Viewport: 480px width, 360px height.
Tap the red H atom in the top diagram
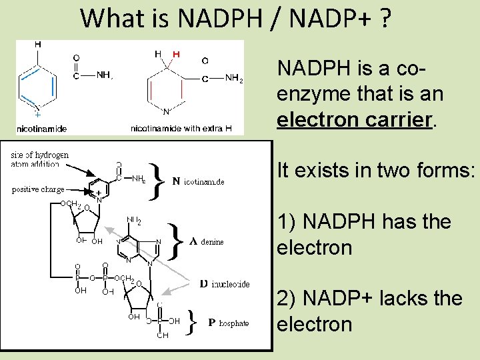tap(176, 53)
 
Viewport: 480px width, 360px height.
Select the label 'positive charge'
tap(38, 189)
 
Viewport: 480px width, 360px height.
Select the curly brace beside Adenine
tap(174, 241)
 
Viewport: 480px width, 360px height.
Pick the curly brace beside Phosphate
tap(191, 323)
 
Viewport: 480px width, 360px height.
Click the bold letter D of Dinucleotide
tap(204, 284)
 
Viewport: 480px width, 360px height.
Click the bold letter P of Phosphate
tap(211, 323)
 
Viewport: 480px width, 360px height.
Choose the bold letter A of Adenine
tap(193, 241)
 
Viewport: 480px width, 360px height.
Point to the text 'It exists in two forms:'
tap(376, 171)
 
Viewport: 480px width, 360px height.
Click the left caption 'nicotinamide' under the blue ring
tap(41, 128)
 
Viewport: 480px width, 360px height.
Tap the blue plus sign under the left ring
tap(37, 113)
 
